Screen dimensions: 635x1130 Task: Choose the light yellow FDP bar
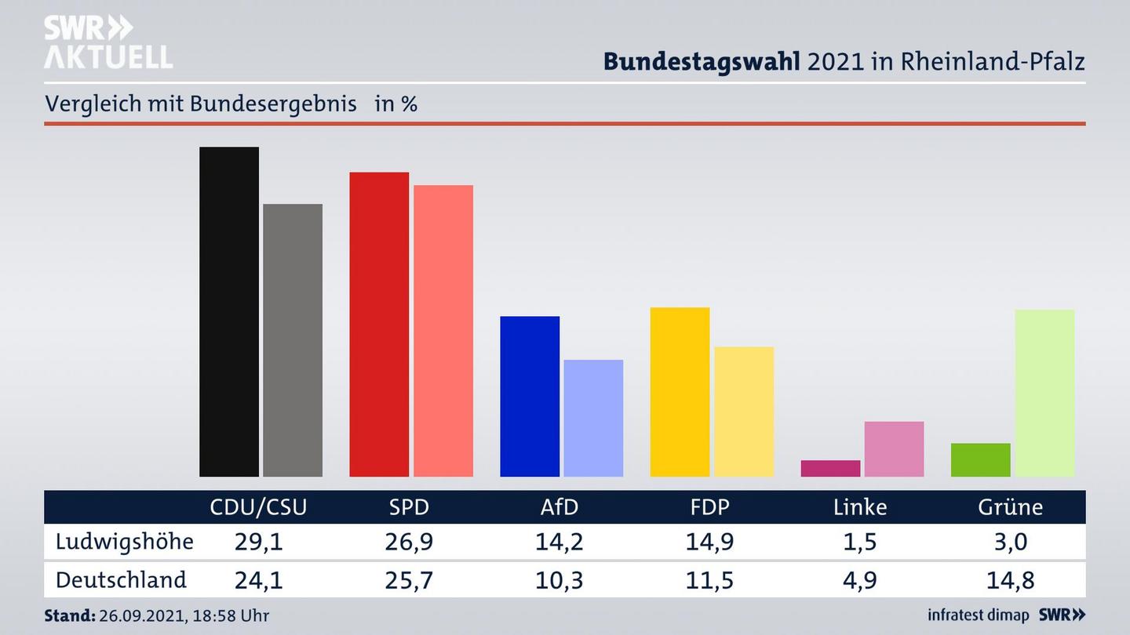point(743,412)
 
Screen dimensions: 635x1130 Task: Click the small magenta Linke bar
point(830,468)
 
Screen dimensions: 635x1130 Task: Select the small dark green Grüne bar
point(980,460)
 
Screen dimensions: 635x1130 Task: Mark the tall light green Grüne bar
point(1044,393)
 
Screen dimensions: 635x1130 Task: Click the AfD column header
point(559,507)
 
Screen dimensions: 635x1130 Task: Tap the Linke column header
point(860,507)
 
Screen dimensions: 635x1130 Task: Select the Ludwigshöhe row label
point(124,542)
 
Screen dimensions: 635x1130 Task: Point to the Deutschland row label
point(121,580)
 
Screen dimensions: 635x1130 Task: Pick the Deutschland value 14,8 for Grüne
point(1010,581)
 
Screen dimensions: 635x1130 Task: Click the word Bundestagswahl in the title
point(702,62)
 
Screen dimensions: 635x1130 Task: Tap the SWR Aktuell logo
point(108,43)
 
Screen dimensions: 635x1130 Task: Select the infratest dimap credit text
point(977,615)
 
